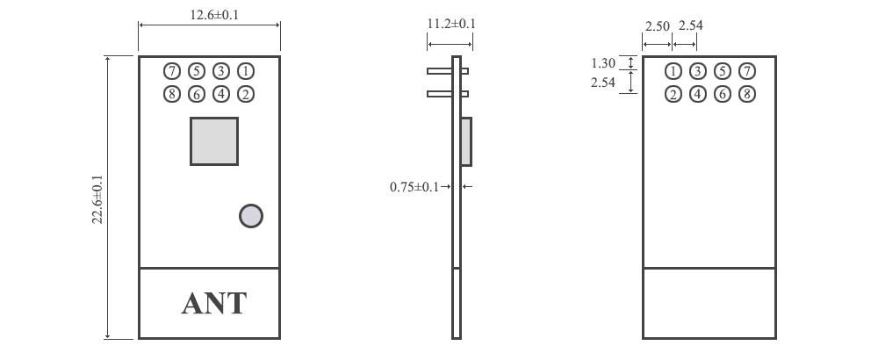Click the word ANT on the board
tap(213, 304)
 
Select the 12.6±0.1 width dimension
tap(209, 15)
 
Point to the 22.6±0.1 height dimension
tap(97, 198)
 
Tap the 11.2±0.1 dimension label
tap(450, 24)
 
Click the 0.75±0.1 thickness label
tap(414, 186)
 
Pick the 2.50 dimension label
tap(658, 26)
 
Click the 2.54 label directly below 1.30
tap(604, 83)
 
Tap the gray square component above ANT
tap(214, 140)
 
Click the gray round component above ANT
tap(251, 216)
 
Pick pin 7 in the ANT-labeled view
tap(172, 71)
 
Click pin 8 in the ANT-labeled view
tap(172, 94)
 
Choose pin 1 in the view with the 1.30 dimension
tap(673, 71)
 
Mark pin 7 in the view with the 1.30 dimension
tap(746, 71)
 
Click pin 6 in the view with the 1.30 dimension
tap(722, 94)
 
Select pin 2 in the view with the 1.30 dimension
tap(673, 94)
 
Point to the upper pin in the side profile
tap(447, 71)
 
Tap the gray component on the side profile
tap(466, 140)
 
